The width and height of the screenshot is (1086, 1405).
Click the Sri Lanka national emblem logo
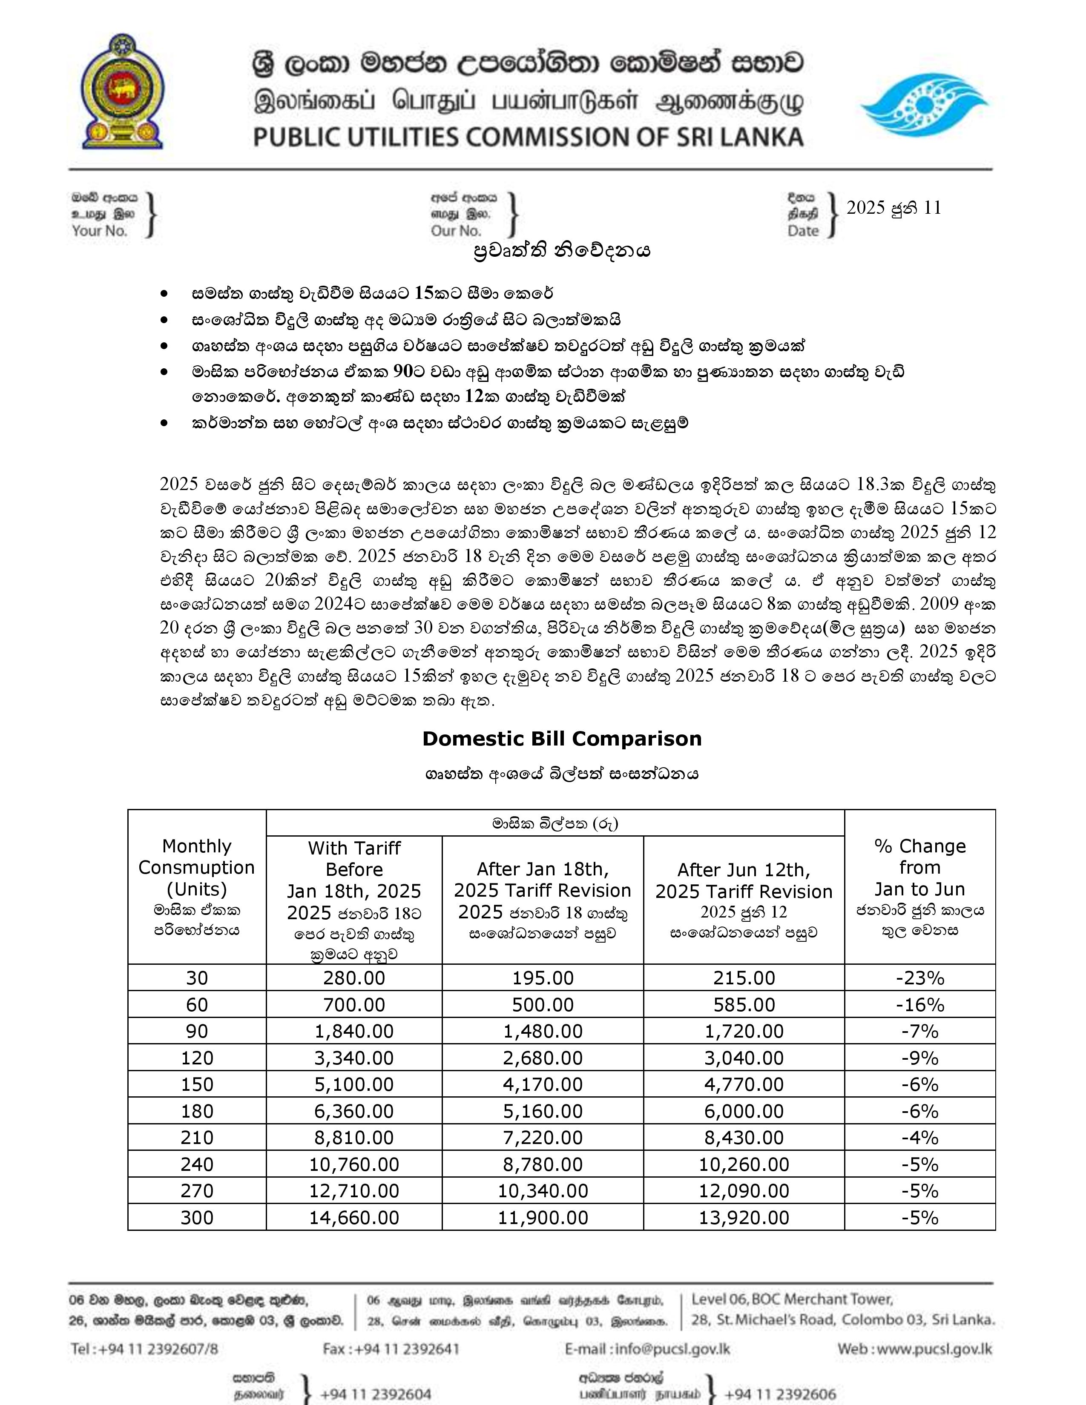(122, 92)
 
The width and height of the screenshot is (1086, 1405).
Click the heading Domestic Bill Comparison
(562, 739)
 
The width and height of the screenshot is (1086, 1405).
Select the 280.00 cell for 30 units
(354, 978)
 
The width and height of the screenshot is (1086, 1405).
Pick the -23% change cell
(919, 978)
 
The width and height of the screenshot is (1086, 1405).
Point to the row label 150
(197, 1085)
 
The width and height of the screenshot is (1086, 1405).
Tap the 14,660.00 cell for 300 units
(354, 1218)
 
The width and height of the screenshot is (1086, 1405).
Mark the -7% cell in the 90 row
(919, 1031)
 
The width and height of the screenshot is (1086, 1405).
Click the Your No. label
(100, 231)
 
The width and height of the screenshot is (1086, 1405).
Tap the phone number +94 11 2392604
(375, 1394)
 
